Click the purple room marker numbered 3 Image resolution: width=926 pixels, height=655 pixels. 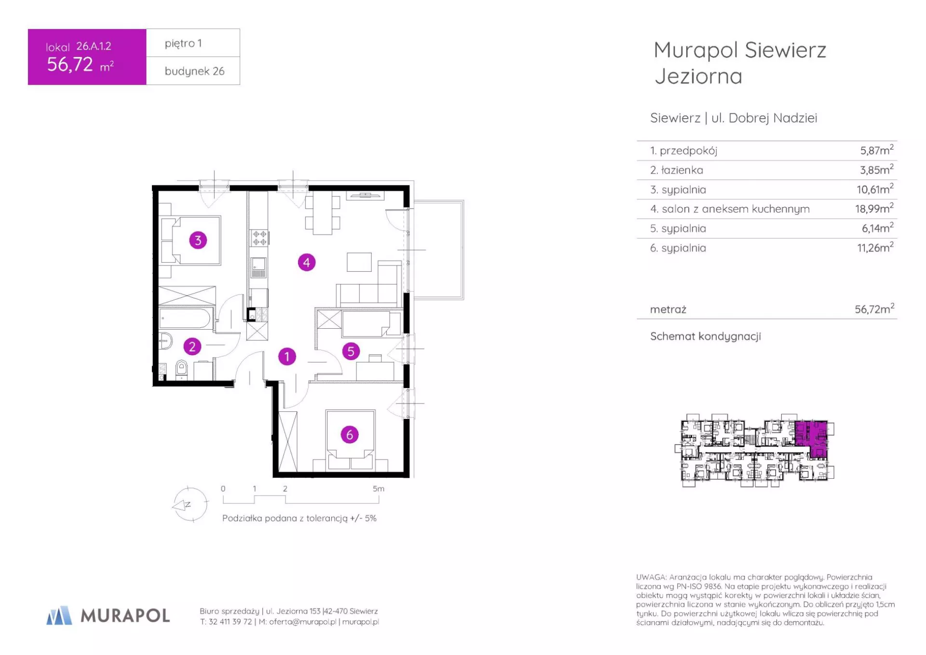pos(198,240)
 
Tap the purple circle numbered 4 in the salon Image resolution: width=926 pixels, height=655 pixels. pos(307,263)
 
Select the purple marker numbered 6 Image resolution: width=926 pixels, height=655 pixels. pos(350,434)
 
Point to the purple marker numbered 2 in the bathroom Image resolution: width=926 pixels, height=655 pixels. pos(192,346)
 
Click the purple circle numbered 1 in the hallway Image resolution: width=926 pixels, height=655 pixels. pos(287,357)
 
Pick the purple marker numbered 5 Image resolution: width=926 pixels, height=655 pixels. pos(351,351)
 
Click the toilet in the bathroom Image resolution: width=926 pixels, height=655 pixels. pos(181,369)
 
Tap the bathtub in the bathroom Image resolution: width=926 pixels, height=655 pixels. pos(185,319)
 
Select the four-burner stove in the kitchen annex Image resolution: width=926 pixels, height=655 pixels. pos(259,237)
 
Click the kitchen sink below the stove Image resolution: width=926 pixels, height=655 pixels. pos(259,267)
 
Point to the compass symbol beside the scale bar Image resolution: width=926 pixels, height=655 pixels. pos(190,504)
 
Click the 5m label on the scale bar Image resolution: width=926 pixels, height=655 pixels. pos(379,488)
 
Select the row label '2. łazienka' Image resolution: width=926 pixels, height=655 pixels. pos(676,170)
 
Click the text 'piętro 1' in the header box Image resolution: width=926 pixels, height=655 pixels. pos(183,43)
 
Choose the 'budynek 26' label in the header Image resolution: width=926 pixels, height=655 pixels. pos(194,71)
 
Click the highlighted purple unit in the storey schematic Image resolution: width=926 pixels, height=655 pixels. pos(812,438)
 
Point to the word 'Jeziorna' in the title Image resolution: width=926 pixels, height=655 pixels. pos(698,76)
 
